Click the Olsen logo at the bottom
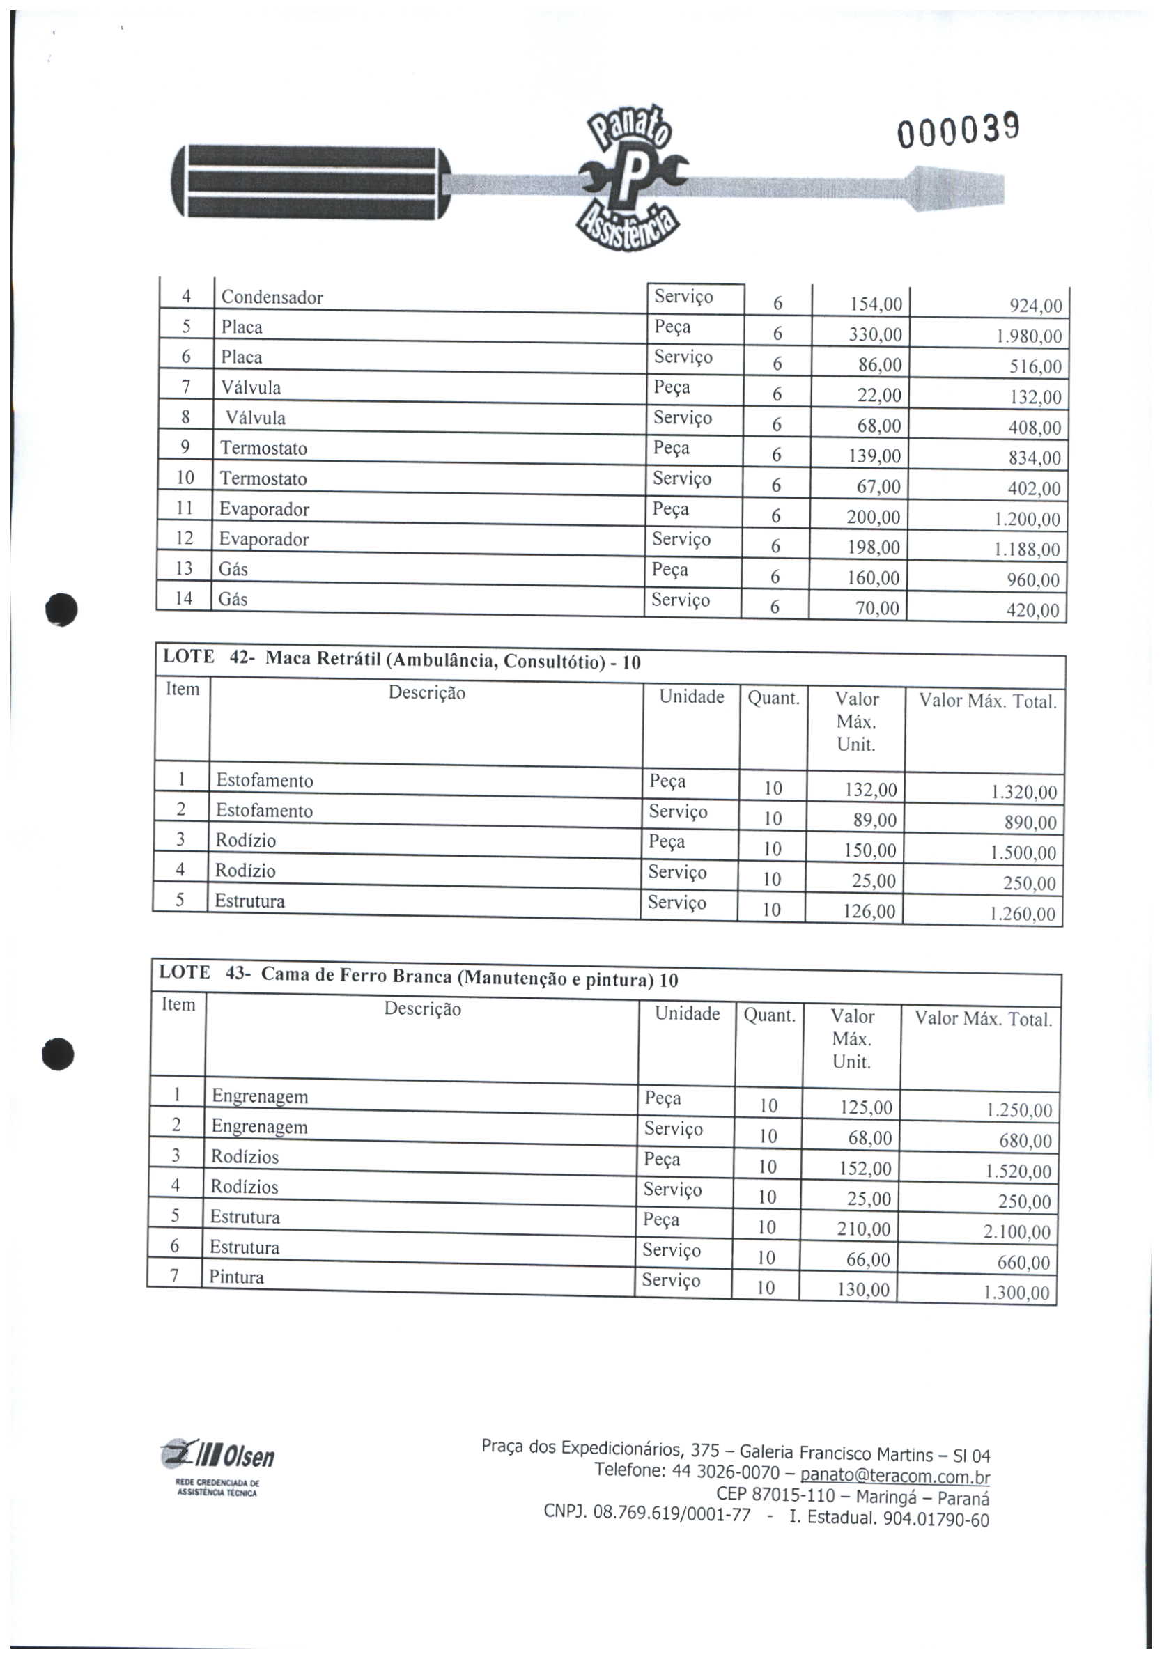(x=217, y=1456)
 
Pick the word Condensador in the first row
(x=272, y=297)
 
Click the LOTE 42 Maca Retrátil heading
(x=402, y=660)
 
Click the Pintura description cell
(x=236, y=1277)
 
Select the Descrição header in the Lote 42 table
(x=426, y=693)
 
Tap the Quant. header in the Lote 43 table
(x=769, y=1016)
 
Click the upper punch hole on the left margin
(x=61, y=609)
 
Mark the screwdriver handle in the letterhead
(x=311, y=182)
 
